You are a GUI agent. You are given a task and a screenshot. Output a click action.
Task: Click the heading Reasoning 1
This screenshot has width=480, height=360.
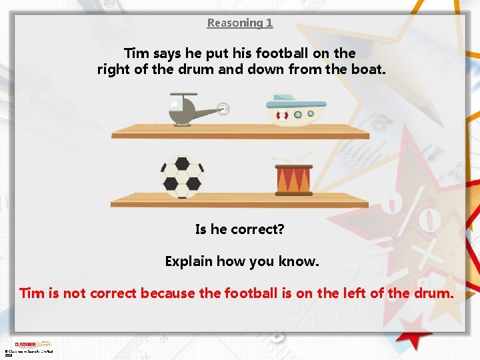240,23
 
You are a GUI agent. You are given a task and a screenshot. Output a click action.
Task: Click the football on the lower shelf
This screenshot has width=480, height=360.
182,177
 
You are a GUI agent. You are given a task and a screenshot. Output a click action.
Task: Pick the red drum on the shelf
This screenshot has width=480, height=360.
293,180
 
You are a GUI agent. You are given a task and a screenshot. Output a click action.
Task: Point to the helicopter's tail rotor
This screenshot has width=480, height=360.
223,107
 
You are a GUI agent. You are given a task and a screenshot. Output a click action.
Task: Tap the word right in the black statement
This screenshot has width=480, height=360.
113,69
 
